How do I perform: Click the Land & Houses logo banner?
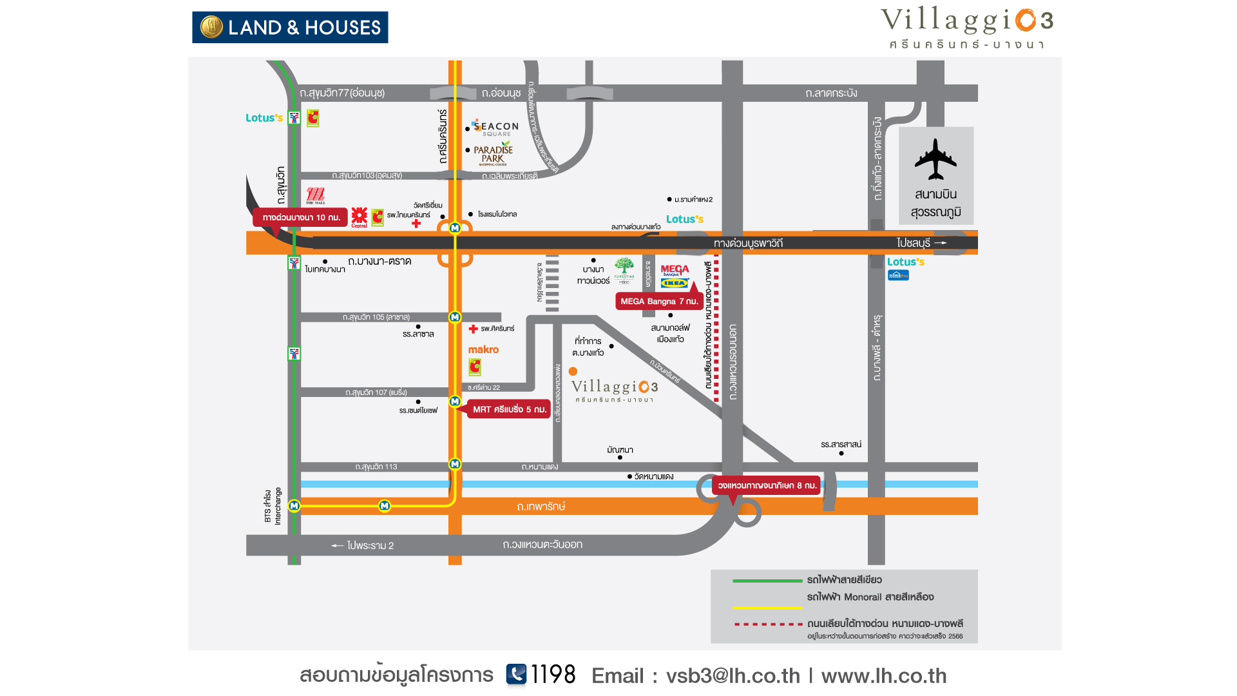coord(290,27)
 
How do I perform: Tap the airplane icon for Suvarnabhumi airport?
coord(935,159)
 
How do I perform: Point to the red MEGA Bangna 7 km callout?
coord(658,301)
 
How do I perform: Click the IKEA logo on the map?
coord(675,283)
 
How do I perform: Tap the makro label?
coord(483,349)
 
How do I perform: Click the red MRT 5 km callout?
coord(509,409)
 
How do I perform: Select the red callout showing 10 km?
coord(301,217)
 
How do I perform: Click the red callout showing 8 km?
coord(767,485)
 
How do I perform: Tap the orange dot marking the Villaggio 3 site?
coord(573,371)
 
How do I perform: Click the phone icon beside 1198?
coord(516,674)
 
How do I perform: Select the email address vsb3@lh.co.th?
coord(733,675)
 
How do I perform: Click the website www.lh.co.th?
coord(883,675)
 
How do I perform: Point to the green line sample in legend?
coord(767,581)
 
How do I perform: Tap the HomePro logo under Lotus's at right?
coord(898,275)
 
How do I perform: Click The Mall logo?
coord(316,195)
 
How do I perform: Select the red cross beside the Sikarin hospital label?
coord(473,329)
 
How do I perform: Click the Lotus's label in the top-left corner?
coord(264,118)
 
